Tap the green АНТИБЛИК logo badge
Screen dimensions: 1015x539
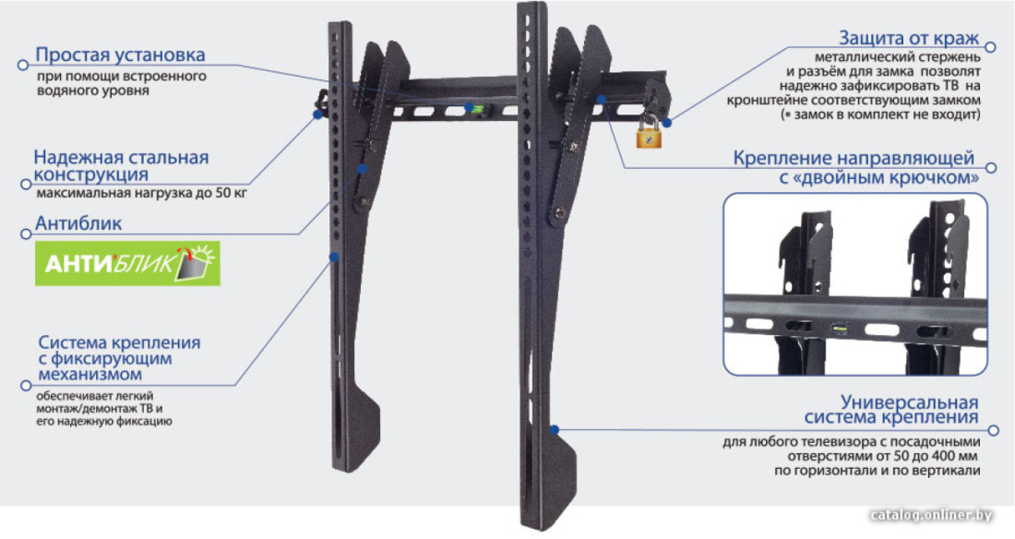point(127,264)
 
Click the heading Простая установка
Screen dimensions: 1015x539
point(120,55)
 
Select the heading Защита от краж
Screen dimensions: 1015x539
point(909,38)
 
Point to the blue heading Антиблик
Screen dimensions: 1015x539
point(78,223)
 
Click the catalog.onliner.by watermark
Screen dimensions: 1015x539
point(932,515)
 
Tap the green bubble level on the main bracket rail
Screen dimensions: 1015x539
point(478,108)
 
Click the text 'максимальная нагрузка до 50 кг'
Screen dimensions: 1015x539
point(142,193)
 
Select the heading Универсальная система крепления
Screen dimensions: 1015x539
point(891,410)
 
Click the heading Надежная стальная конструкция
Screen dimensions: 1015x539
point(121,166)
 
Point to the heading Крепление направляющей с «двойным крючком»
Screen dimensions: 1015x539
point(855,168)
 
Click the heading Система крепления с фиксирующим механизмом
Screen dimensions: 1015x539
point(119,358)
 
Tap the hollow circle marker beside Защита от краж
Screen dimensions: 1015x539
point(990,47)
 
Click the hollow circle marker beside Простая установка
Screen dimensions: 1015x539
point(23,65)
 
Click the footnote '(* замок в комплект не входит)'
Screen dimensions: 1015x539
point(881,114)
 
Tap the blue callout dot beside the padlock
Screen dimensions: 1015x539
point(667,122)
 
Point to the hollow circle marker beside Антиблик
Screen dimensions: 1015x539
point(26,234)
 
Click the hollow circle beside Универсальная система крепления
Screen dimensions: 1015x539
point(994,430)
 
